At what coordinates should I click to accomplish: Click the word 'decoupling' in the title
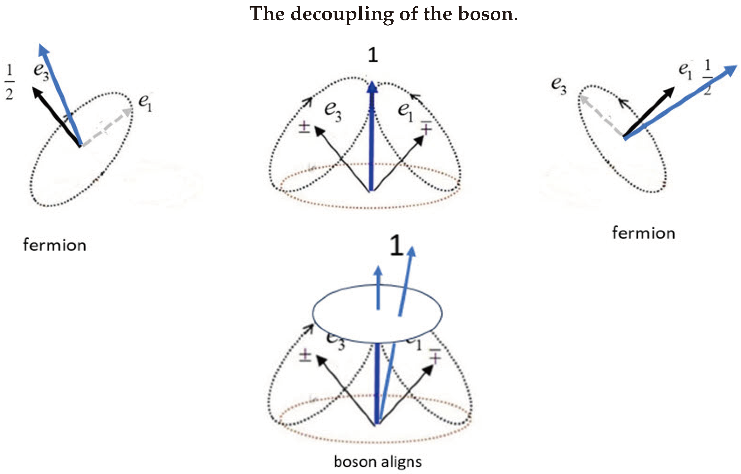click(342, 15)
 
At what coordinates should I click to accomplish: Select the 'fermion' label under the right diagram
click(643, 233)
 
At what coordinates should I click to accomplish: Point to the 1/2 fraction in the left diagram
click(9, 82)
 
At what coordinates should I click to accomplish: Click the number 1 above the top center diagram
click(373, 55)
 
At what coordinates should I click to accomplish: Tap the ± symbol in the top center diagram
click(304, 127)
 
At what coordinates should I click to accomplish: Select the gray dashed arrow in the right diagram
click(600, 116)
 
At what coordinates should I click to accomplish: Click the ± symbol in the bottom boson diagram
click(305, 355)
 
